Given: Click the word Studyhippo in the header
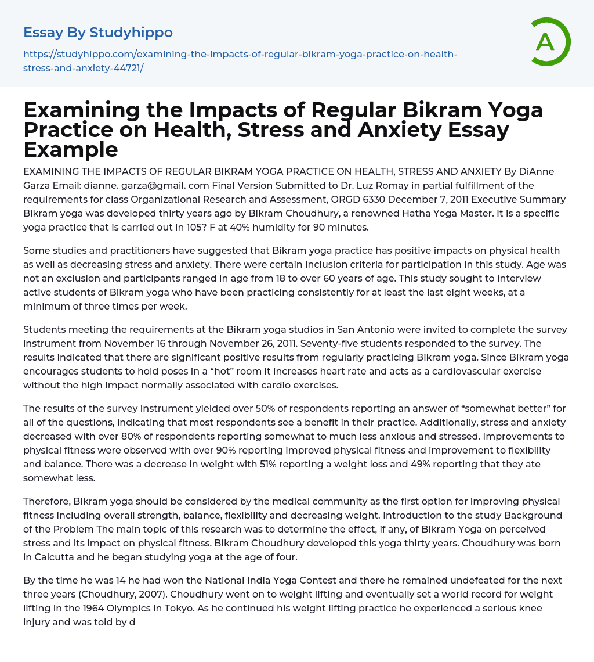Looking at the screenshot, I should click(x=131, y=33).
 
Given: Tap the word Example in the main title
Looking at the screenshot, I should click(x=71, y=149).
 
